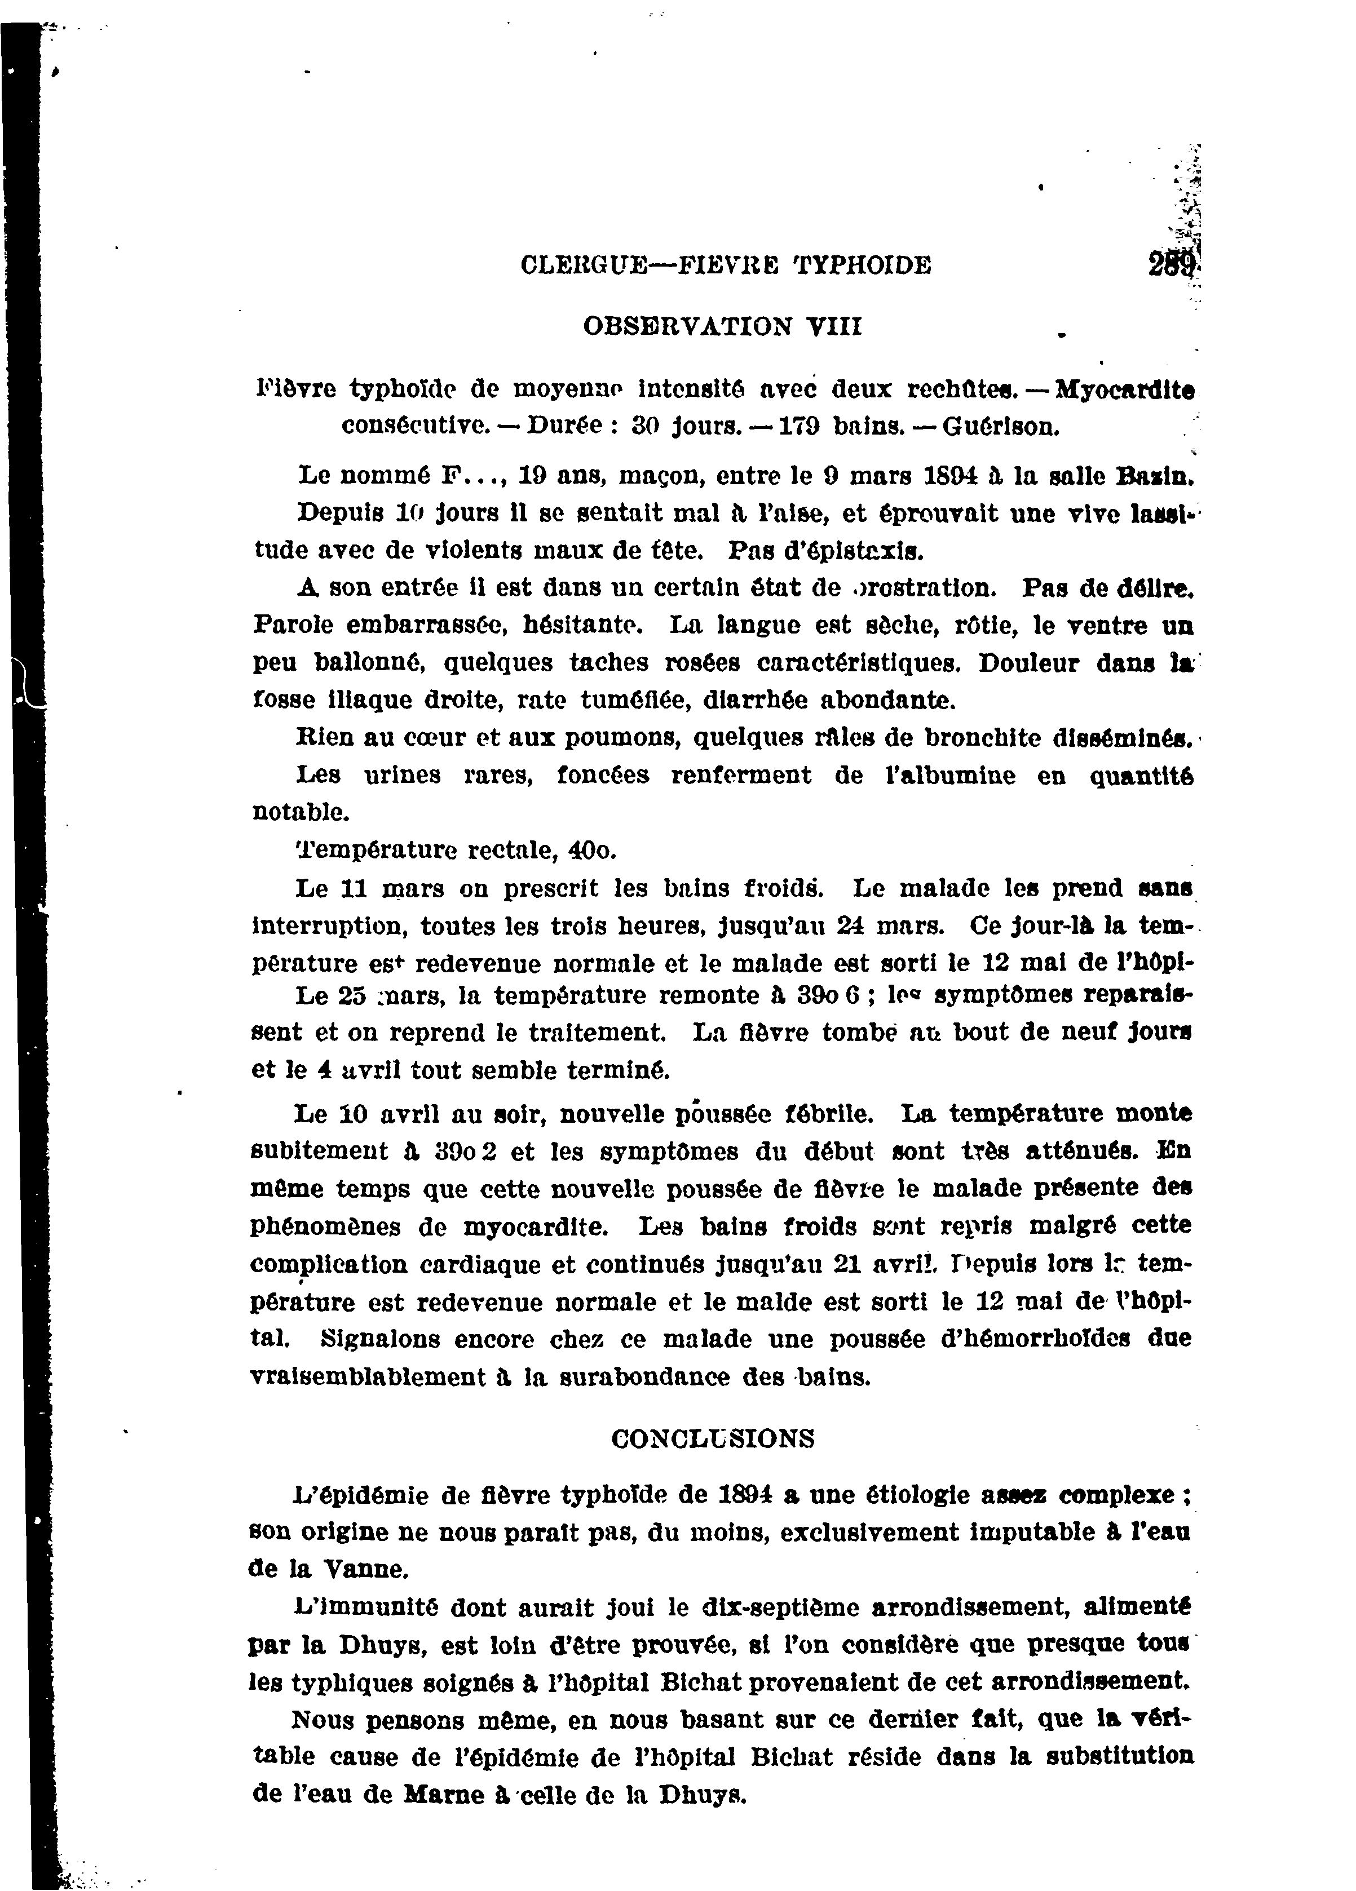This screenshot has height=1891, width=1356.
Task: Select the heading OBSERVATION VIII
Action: (x=722, y=326)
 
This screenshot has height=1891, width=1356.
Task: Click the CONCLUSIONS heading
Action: (x=713, y=1438)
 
